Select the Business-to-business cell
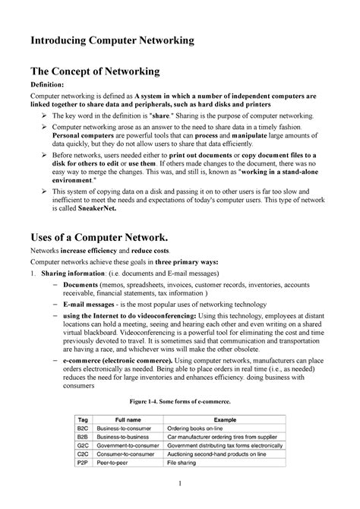click(134, 437)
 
